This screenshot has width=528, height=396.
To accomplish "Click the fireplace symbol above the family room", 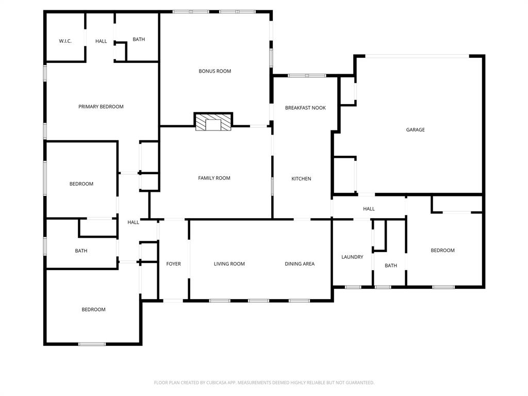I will pyautogui.click(x=213, y=122).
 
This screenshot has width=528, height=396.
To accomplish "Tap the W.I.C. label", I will pyautogui.click(x=65, y=41).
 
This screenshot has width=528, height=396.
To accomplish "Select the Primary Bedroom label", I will pyautogui.click(x=101, y=107).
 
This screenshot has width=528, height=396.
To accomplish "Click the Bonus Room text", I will pyautogui.click(x=215, y=71).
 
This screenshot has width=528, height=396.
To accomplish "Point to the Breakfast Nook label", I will pyautogui.click(x=306, y=108).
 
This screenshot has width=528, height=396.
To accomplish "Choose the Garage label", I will pyautogui.click(x=415, y=130).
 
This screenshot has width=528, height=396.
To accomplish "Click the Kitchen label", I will pyautogui.click(x=302, y=179).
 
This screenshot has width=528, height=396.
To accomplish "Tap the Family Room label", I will pyautogui.click(x=214, y=178).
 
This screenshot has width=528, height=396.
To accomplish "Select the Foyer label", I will pyautogui.click(x=173, y=264).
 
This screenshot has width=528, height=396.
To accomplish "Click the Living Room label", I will pyautogui.click(x=229, y=264).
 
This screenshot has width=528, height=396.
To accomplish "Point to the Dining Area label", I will pyautogui.click(x=300, y=264).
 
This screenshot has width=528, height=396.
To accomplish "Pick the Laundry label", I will pyautogui.click(x=352, y=257).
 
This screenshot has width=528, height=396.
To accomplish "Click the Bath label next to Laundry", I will pyautogui.click(x=391, y=266).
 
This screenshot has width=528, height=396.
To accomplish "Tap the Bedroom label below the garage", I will pyautogui.click(x=442, y=251).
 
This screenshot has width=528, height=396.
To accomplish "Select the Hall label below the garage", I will pyautogui.click(x=369, y=209).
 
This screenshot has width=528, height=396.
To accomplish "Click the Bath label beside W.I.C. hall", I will pyautogui.click(x=139, y=39).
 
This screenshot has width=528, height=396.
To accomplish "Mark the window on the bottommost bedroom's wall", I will pyautogui.click(x=92, y=344).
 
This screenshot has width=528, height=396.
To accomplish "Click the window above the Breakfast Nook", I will pyautogui.click(x=306, y=76).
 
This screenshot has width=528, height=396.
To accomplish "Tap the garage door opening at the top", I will pyautogui.click(x=418, y=56).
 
